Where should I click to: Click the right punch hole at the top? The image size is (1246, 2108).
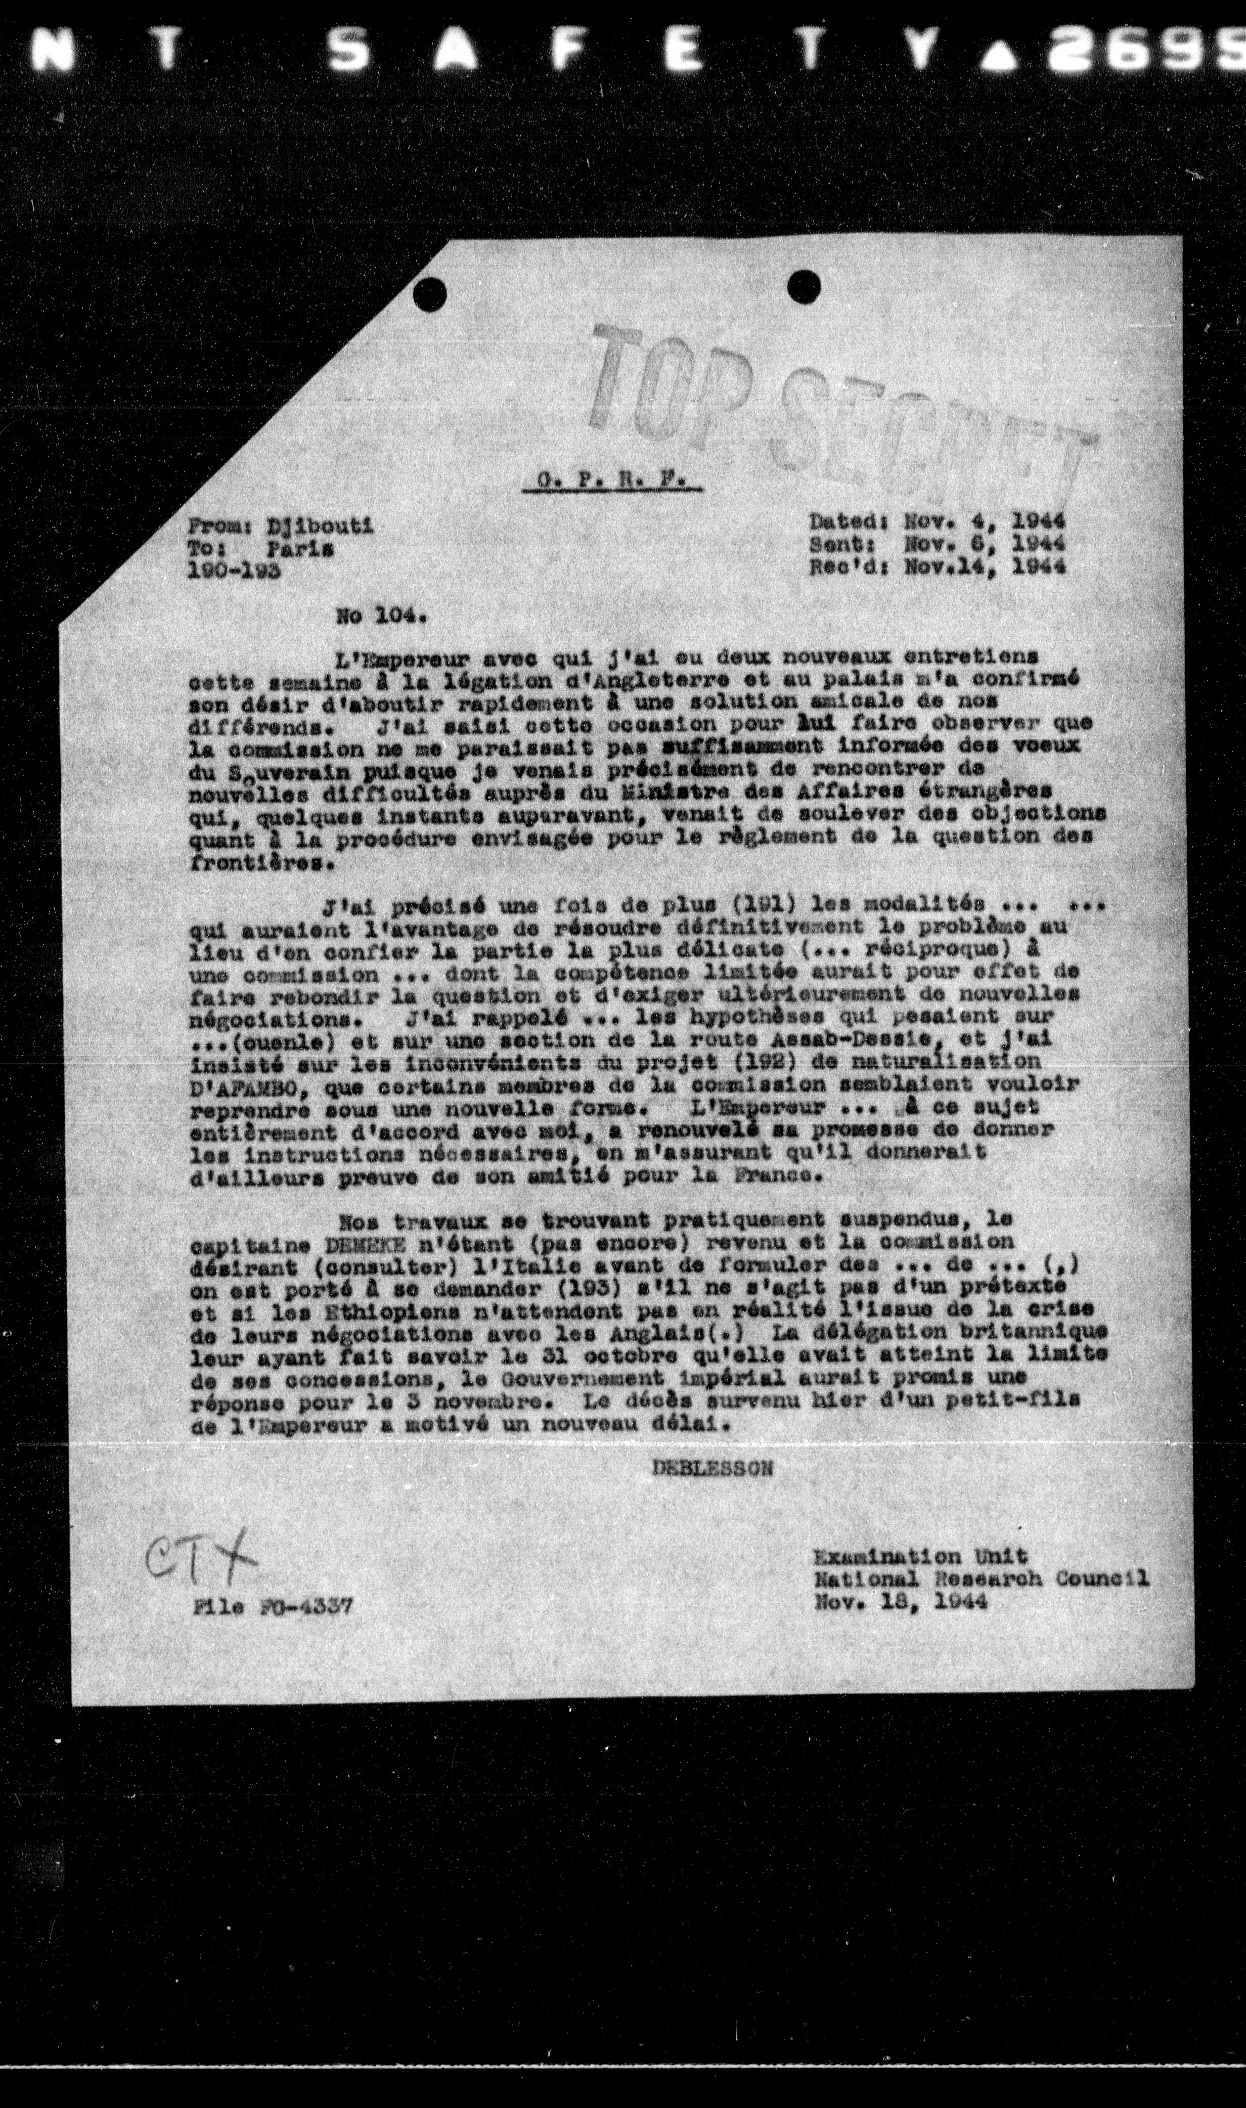pos(804,285)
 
